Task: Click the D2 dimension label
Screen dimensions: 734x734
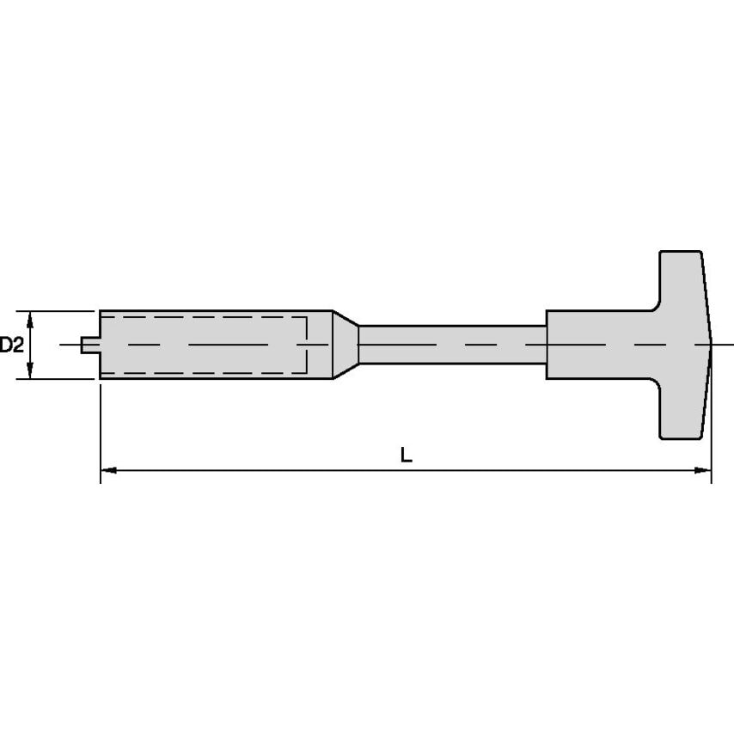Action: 11,345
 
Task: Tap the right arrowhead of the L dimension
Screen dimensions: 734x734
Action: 704,470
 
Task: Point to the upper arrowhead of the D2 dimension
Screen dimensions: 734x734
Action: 31,318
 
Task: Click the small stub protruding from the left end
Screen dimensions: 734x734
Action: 89,345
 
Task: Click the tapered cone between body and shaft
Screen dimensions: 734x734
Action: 346,345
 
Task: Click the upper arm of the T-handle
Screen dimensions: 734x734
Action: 682,279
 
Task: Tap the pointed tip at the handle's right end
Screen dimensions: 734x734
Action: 710,345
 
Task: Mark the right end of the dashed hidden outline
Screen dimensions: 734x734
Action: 308,345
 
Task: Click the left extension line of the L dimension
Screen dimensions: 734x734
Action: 101,430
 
